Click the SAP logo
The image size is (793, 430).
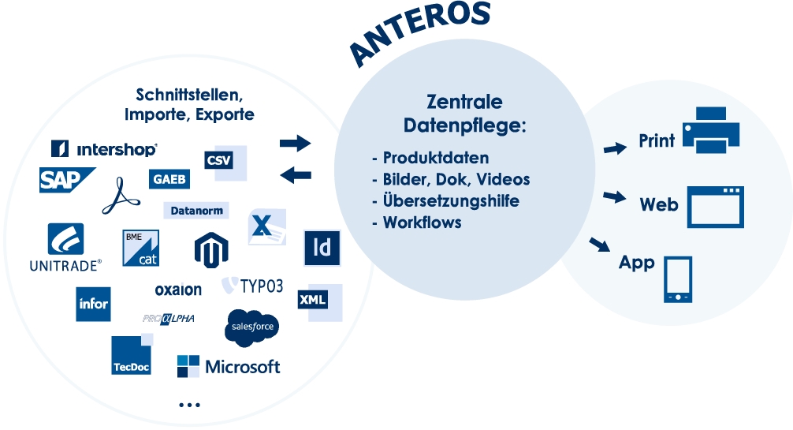[x=67, y=180]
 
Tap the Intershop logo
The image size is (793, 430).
[x=104, y=148]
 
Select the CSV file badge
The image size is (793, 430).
[x=225, y=163]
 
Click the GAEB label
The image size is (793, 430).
[x=169, y=179]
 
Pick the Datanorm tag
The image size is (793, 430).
[x=196, y=210]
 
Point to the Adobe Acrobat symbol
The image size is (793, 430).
[x=121, y=196]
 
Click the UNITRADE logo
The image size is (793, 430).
[x=65, y=248]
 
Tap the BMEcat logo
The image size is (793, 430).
[x=140, y=249]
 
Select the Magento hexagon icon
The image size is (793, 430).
[x=211, y=249]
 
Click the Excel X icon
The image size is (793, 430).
[x=267, y=226]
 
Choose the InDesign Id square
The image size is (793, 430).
[x=322, y=248]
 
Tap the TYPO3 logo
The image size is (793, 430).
[x=252, y=286]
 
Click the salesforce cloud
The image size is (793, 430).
[x=252, y=327]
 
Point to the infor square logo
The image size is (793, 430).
[x=93, y=304]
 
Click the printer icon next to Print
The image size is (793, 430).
[x=711, y=130]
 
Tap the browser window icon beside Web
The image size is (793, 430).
[x=716, y=207]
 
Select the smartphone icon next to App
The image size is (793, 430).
[x=678, y=279]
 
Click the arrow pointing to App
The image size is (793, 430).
[x=600, y=245]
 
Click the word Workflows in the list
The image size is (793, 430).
[x=422, y=222]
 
